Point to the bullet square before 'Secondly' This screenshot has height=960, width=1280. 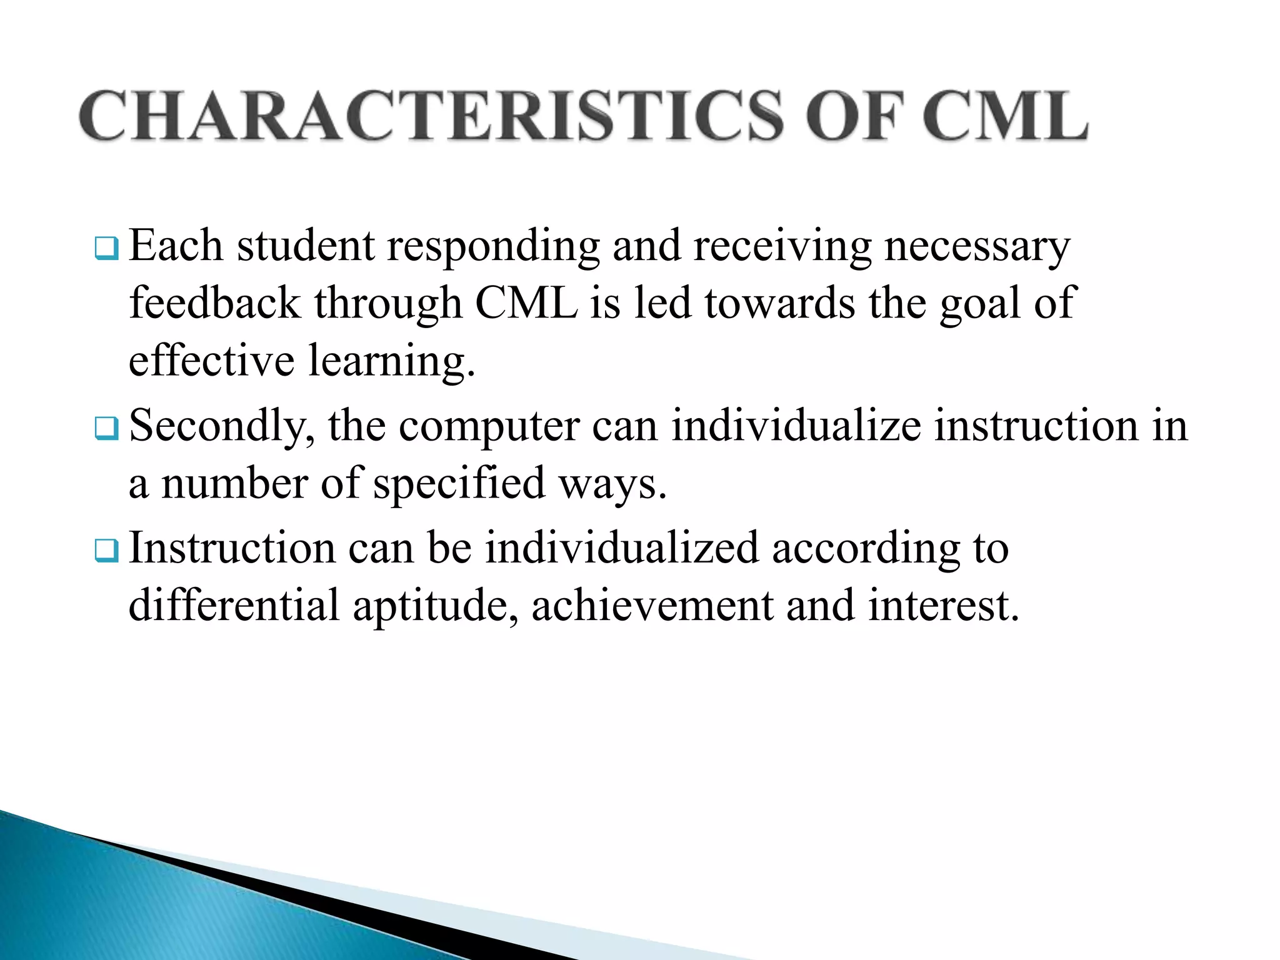click(106, 429)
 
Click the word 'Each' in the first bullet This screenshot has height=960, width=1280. click(176, 245)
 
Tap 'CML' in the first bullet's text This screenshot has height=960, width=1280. click(526, 303)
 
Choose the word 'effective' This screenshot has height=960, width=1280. click(211, 361)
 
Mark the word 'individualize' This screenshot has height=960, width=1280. click(796, 426)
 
